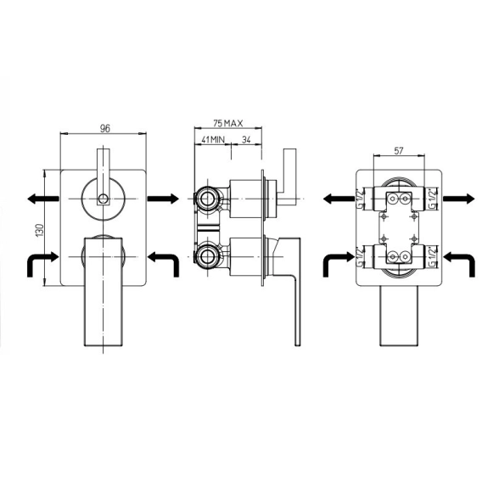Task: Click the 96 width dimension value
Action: tap(105, 128)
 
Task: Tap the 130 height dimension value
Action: tap(40, 230)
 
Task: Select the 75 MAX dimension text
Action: tap(227, 123)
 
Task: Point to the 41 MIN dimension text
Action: tap(213, 139)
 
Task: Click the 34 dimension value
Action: tap(247, 139)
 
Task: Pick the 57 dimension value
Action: tap(399, 150)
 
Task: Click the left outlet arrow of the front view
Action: tap(43, 199)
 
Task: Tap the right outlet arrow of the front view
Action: tap(163, 199)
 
